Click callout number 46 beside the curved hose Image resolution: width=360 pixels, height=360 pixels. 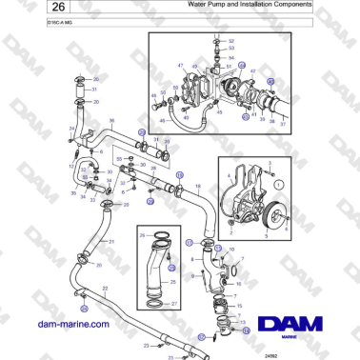point(155,97)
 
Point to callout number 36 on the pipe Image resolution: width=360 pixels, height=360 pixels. point(111,121)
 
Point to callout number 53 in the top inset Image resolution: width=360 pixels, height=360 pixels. point(231,50)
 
